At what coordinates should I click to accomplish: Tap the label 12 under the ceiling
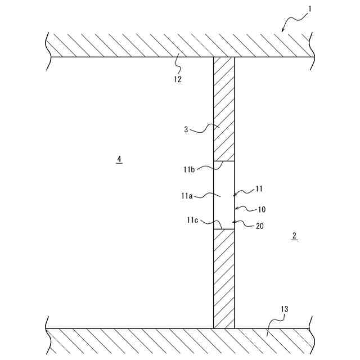178,79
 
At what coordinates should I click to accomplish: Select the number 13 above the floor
283,309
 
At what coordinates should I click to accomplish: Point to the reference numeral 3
186,129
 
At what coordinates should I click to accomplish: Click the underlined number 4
119,159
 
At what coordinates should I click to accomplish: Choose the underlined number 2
294,236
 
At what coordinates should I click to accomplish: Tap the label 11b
189,169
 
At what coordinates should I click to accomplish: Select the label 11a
187,196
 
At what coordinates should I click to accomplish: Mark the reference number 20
259,226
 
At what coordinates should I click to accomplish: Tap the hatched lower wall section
223,278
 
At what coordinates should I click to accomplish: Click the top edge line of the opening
224,161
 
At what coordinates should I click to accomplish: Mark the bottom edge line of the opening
224,229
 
